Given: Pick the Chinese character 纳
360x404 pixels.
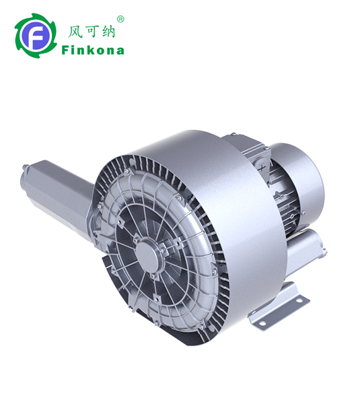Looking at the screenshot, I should (x=110, y=30).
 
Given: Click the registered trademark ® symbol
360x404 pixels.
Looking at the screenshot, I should (x=120, y=20).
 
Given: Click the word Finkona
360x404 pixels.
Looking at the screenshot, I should (x=92, y=50).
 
